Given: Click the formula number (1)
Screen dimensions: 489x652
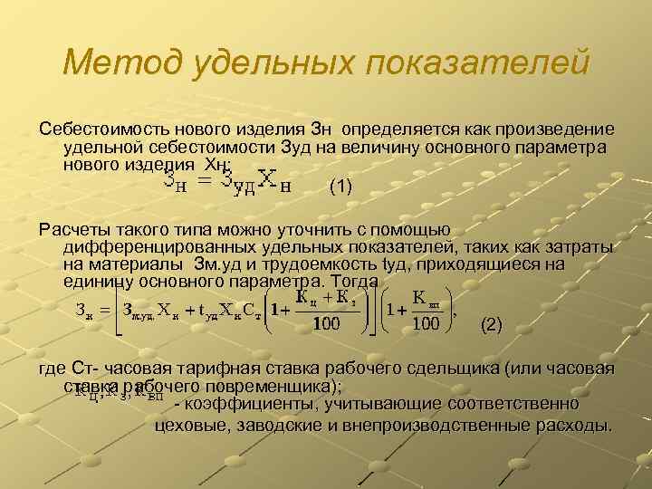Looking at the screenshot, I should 340,187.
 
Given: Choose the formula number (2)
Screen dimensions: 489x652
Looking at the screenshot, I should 490,322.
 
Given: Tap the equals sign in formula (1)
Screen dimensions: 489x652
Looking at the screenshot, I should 204,182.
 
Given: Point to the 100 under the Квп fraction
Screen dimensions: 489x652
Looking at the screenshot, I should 425,323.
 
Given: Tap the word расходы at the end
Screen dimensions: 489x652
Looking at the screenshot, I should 575,422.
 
